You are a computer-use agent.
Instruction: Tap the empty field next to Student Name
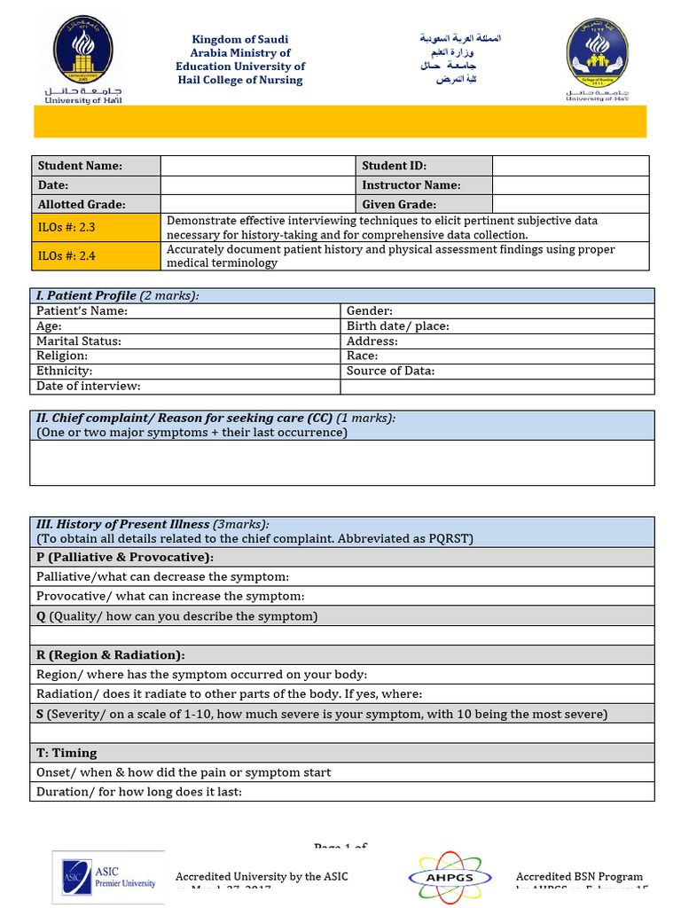[x=258, y=166]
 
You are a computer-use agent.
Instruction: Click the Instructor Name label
[x=411, y=185]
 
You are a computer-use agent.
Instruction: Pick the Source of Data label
[x=390, y=372]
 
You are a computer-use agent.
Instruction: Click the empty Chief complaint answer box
[x=341, y=463]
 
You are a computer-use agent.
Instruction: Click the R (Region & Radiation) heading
[x=111, y=655]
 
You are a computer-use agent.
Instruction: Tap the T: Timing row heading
[x=67, y=753]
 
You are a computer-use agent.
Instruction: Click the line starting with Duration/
[x=139, y=792]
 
